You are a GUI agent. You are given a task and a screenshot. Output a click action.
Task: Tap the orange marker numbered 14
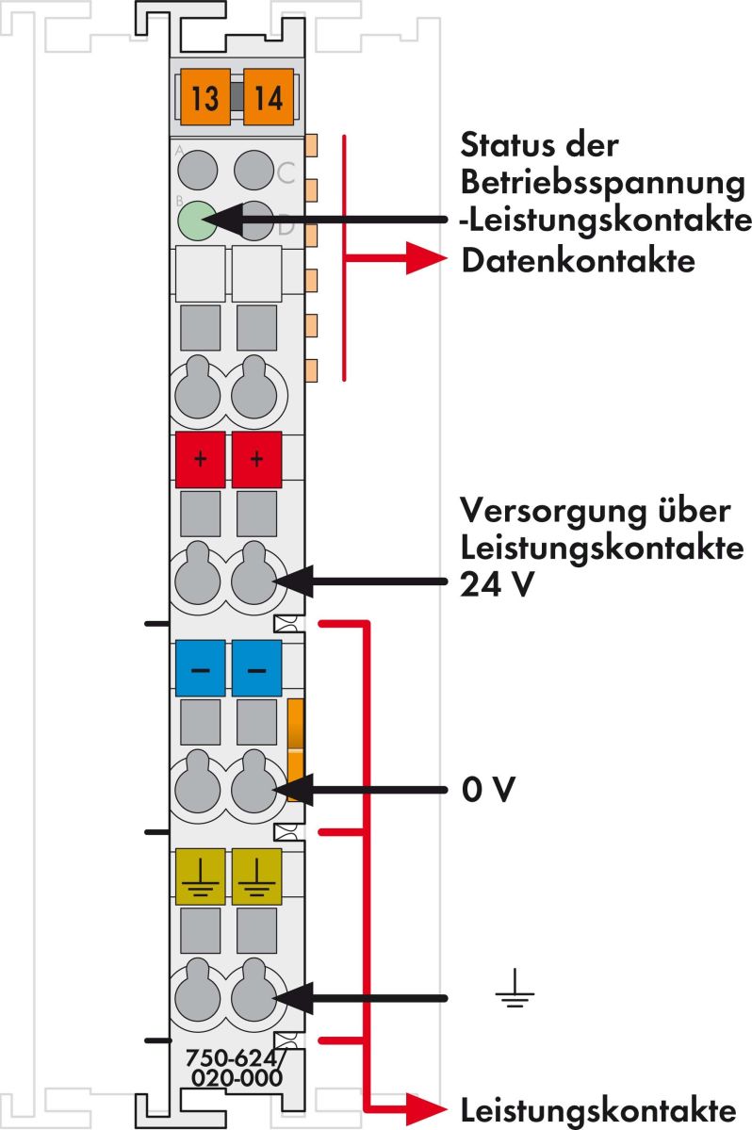click(269, 97)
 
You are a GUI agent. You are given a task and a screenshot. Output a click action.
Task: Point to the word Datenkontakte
click(578, 261)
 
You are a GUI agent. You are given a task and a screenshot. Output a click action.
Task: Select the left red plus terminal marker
click(200, 460)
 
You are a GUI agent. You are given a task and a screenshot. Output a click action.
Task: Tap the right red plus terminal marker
click(256, 460)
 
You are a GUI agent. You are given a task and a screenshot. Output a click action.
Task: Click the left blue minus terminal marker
click(200, 667)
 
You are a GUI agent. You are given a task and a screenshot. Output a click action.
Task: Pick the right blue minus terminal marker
click(256, 667)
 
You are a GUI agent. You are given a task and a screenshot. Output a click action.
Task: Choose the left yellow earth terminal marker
click(200, 876)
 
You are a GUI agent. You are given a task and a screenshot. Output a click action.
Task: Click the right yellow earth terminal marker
click(256, 876)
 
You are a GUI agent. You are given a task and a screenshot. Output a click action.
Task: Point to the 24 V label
click(498, 584)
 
